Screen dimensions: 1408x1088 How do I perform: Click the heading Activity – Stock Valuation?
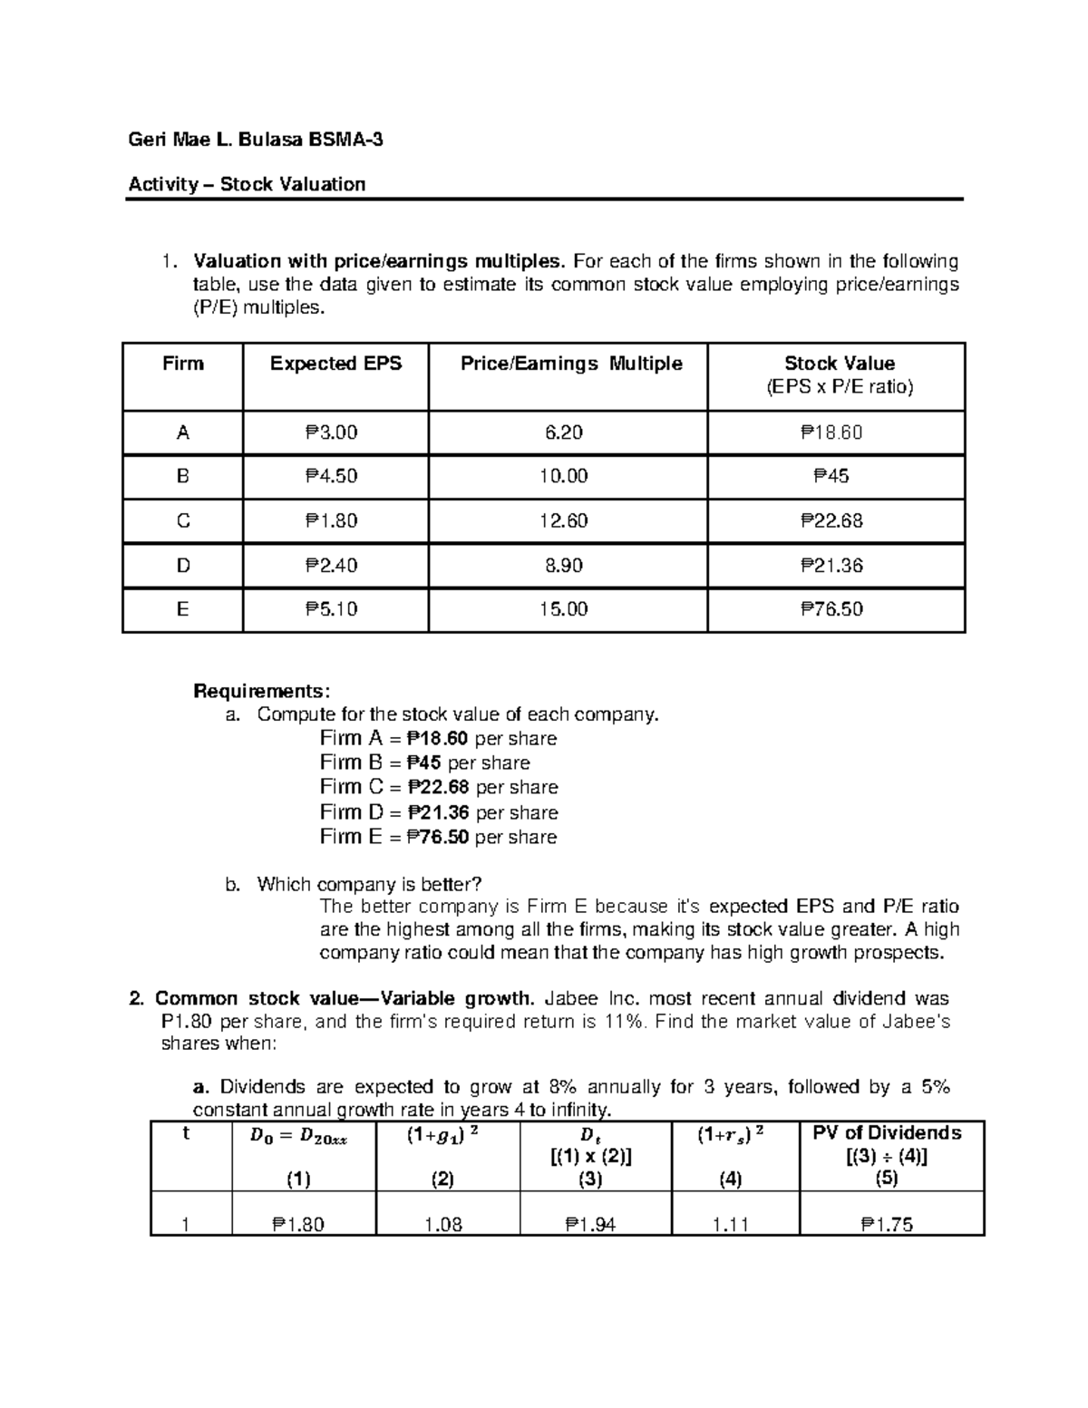247,184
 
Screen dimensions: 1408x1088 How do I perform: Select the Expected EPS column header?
335,364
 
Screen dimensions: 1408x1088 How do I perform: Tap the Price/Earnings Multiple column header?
570,364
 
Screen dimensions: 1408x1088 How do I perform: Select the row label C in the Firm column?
182,520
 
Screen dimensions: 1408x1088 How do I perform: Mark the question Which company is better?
370,884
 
